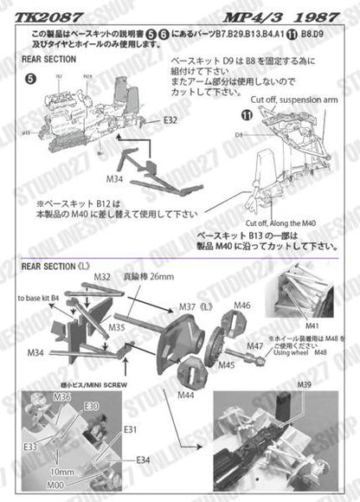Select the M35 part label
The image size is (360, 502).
117,328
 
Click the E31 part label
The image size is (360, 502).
130,429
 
